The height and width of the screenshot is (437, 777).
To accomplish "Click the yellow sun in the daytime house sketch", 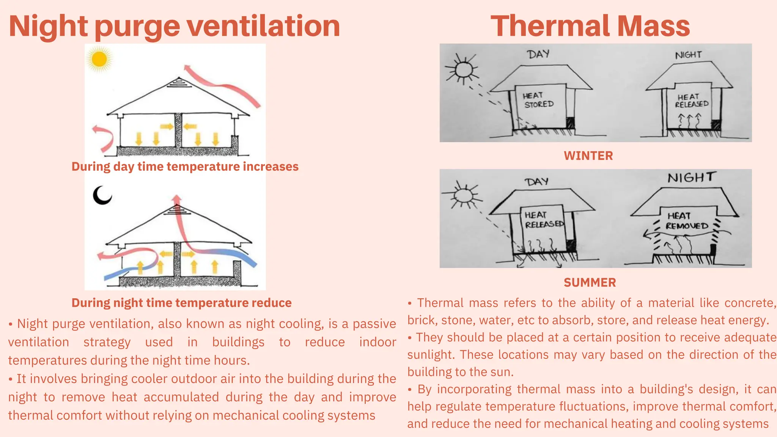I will coord(99,59).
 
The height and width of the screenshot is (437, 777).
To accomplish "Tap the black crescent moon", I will coord(102,195).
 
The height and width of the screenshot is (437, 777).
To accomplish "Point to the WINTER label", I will coord(588,156).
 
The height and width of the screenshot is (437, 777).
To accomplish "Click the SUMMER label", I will coord(590,283).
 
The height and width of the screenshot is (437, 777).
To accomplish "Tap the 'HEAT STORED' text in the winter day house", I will coord(538,100).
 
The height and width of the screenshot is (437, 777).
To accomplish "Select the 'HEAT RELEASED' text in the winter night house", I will coord(691,101).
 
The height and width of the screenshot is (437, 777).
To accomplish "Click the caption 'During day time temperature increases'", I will coord(185,167).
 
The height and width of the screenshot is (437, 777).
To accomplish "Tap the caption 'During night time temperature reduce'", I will coord(181,303).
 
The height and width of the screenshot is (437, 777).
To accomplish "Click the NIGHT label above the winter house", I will coord(688,55).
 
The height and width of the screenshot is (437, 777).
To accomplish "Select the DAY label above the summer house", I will coord(537,182).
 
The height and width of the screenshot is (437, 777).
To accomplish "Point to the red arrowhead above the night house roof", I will coord(176,199).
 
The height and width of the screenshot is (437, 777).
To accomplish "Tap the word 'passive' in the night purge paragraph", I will coord(374,324).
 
